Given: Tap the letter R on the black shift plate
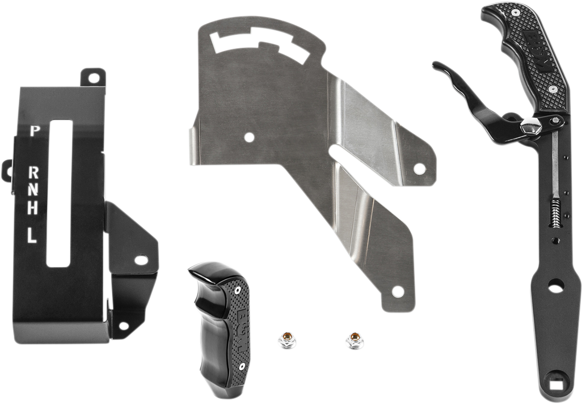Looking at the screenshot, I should pos(34,173).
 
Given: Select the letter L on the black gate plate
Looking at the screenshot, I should pos(32,235).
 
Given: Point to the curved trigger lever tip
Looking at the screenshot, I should pos(439,67).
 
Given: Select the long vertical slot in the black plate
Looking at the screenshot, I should pos(59,192).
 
